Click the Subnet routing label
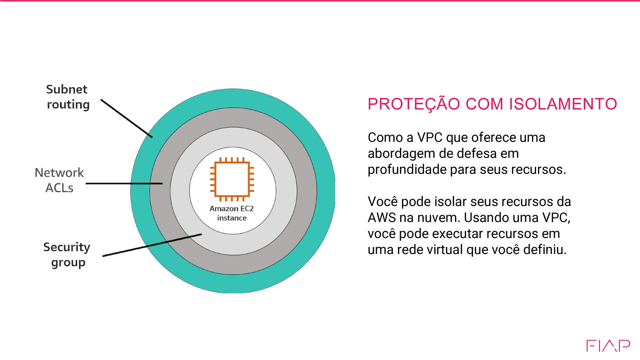point(68,97)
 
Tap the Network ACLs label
point(59,180)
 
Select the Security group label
point(67,254)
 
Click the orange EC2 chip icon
point(232,179)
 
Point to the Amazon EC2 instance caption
point(232,213)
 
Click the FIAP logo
point(608,346)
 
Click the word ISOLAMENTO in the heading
point(563,104)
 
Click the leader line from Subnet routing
point(127,118)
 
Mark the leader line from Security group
point(152,245)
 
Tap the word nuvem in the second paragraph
point(439,218)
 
